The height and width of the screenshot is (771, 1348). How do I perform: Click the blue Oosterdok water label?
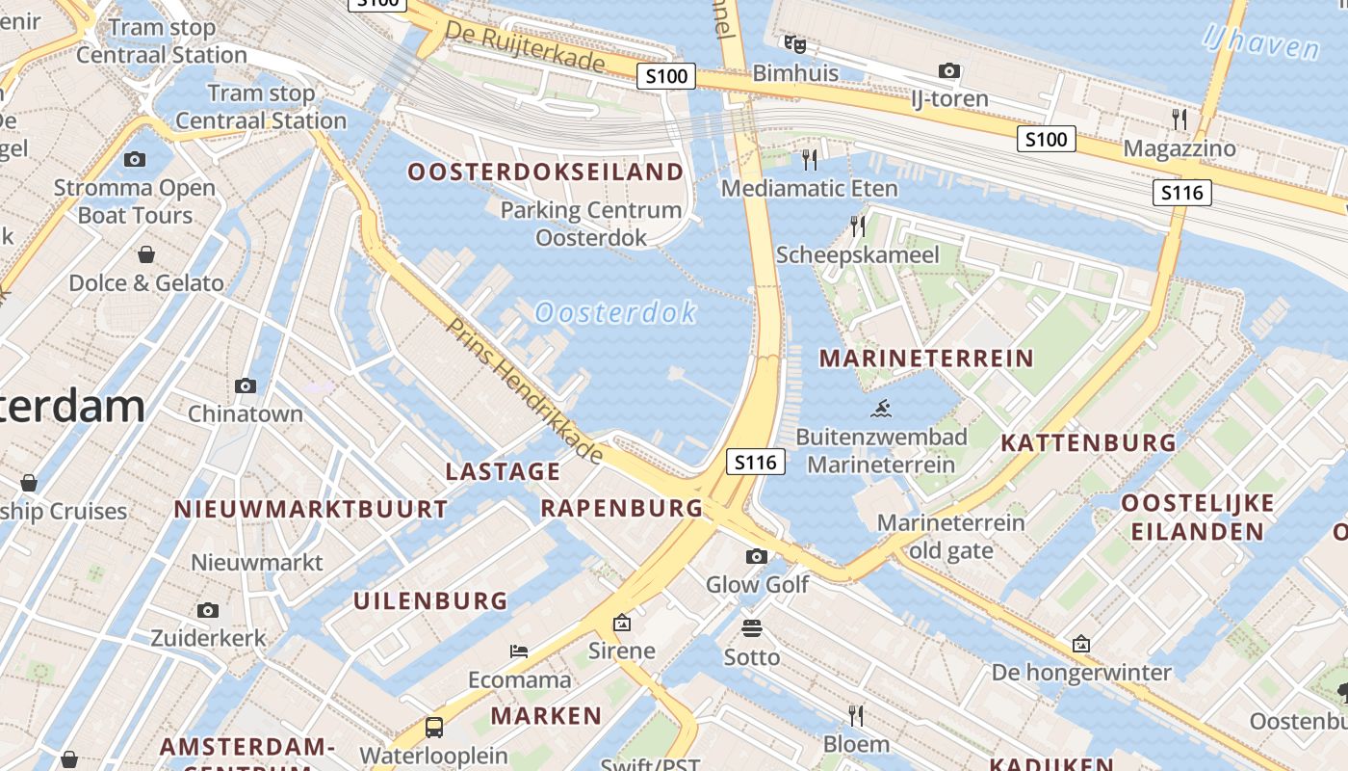click(x=614, y=313)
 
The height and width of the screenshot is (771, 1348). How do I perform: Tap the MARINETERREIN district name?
click(x=925, y=359)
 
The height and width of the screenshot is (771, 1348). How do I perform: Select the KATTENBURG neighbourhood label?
click(x=1088, y=443)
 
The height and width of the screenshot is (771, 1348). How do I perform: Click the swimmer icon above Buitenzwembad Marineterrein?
click(x=880, y=409)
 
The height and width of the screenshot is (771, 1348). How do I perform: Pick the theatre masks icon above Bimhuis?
click(x=794, y=44)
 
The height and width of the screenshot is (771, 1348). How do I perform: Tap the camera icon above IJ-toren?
click(x=949, y=70)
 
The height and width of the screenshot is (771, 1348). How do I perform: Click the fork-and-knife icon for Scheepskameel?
click(x=857, y=226)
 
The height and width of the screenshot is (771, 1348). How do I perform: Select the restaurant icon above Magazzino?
click(x=1179, y=120)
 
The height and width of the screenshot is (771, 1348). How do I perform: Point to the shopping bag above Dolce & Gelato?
click(x=146, y=254)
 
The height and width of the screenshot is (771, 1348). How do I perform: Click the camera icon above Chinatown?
click(x=246, y=385)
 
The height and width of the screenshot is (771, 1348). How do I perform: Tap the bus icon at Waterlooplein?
click(x=434, y=727)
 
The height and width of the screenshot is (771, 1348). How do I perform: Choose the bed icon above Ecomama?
click(x=519, y=651)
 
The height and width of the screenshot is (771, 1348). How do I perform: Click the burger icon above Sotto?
click(x=752, y=628)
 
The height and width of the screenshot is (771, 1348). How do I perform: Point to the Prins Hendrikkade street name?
click(x=524, y=390)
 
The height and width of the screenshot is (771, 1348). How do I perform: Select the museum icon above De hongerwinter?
click(x=1081, y=644)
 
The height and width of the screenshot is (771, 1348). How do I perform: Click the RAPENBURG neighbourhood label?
click(x=621, y=508)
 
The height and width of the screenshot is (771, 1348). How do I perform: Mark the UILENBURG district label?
click(x=429, y=600)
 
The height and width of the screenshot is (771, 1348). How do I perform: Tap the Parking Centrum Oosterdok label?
click(x=591, y=223)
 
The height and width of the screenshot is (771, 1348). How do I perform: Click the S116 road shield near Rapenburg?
click(x=755, y=463)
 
